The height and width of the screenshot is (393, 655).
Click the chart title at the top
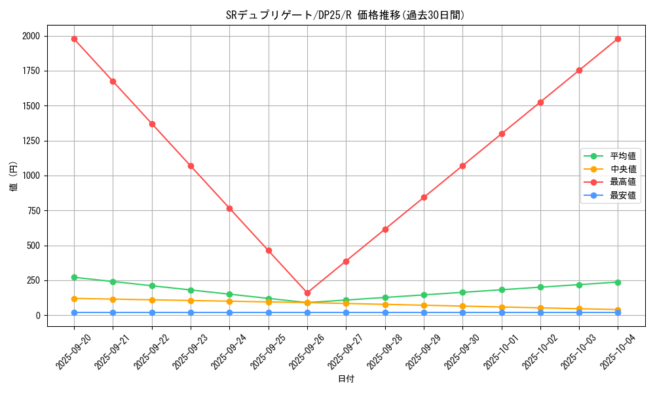click(x=345, y=15)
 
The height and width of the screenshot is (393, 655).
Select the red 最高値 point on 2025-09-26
click(x=307, y=293)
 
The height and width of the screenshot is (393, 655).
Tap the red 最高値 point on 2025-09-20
click(x=74, y=39)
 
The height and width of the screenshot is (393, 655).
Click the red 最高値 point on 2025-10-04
click(x=618, y=39)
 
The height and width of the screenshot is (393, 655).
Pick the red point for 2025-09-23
click(x=191, y=166)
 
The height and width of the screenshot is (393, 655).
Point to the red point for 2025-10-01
click(x=502, y=134)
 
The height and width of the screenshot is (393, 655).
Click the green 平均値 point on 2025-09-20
click(x=74, y=277)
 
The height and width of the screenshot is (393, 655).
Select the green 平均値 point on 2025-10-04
click(x=618, y=282)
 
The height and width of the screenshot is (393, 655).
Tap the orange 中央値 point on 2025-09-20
click(x=74, y=299)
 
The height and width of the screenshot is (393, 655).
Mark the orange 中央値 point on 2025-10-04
click(x=618, y=310)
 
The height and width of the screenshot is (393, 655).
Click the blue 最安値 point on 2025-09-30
click(x=462, y=312)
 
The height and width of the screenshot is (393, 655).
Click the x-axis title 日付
click(x=346, y=379)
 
